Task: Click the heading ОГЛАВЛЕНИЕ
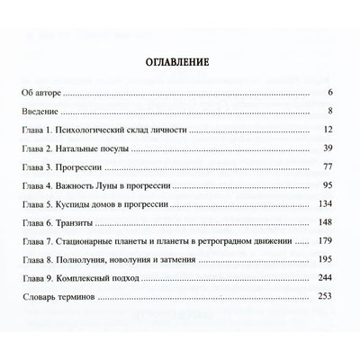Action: point(179,64)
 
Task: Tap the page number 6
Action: point(331,93)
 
